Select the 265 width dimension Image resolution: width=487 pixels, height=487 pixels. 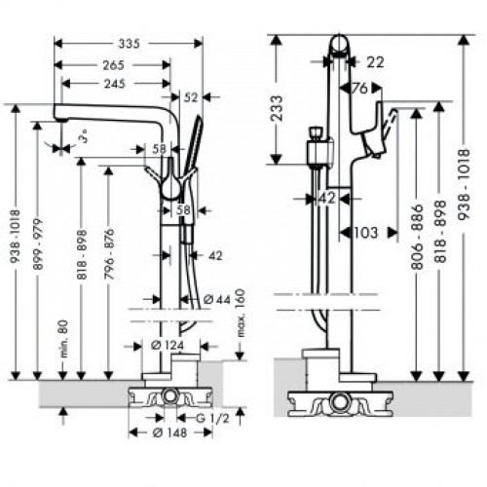[117, 65]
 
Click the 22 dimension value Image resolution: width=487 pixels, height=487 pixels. [375, 60]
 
